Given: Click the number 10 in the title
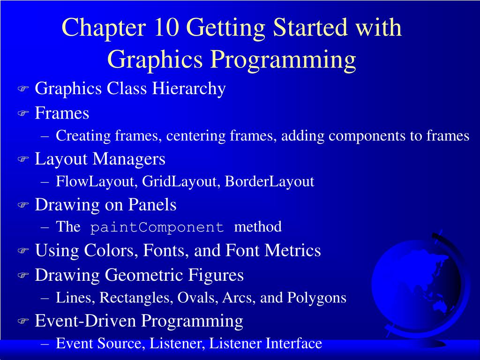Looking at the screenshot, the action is point(166,27).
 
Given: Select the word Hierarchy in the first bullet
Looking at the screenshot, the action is point(189,89).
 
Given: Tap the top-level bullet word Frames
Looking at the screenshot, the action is point(62,113).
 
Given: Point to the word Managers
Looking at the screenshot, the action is point(128,159).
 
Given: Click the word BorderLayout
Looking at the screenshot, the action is point(270,181).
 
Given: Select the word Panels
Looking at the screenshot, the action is point(152,204).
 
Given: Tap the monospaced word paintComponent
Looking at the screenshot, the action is point(157,227).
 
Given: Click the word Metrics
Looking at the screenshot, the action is point(292,250).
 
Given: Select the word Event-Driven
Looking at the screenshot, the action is point(85,321).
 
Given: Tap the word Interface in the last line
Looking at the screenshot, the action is point(293,343).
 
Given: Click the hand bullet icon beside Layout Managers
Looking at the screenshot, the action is point(23,159).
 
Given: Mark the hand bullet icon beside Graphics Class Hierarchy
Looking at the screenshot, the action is point(23,89).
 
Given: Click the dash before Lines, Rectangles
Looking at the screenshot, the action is point(45,298).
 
